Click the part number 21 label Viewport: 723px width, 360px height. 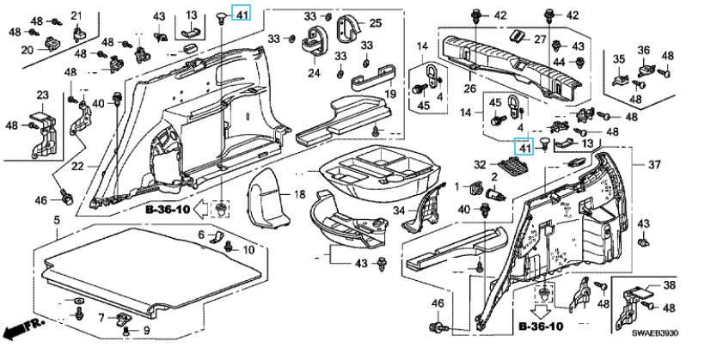77,15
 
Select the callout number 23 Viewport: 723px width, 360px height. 42,95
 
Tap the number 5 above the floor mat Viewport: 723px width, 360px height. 57,221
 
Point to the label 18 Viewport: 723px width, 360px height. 300,194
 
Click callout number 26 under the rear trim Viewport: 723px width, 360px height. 470,88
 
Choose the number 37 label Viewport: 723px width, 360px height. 654,165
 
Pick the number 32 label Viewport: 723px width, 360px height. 480,164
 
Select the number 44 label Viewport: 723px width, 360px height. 560,62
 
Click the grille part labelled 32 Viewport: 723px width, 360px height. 512,165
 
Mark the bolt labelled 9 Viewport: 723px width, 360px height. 126,331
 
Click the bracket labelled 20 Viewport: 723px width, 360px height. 53,44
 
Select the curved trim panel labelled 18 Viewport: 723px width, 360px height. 269,199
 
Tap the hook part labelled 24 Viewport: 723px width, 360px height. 315,40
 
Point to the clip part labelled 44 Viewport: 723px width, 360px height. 580,62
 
